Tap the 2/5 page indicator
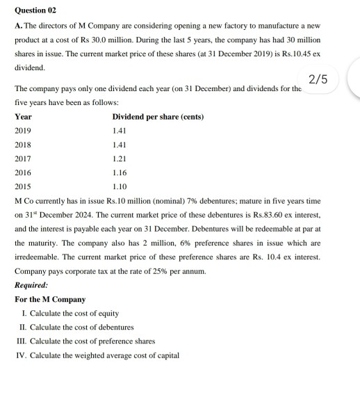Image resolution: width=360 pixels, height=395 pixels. click(318, 81)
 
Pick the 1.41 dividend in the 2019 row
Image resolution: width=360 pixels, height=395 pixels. click(120, 130)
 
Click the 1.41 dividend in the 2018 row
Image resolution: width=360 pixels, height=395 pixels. click(120, 144)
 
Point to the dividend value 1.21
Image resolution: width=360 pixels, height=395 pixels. click(120, 158)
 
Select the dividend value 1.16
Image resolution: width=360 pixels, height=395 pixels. click(120, 172)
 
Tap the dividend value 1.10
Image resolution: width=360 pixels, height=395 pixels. click(120, 186)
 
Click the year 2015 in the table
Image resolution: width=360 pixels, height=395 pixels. click(24, 186)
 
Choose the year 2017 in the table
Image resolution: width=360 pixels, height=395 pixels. click(24, 158)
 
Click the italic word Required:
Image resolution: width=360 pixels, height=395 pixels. click(31, 285)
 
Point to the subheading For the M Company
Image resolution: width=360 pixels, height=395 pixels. click(50, 299)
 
